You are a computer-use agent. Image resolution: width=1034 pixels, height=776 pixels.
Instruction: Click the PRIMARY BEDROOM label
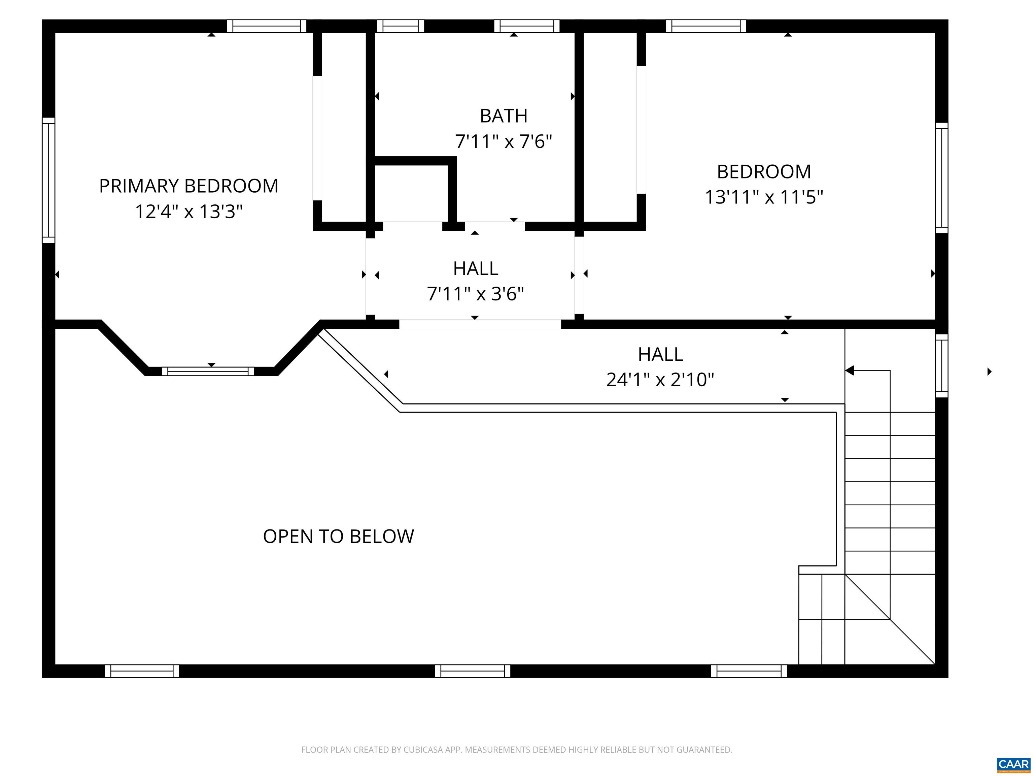188,186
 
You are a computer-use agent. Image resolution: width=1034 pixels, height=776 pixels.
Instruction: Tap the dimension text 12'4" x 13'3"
188,212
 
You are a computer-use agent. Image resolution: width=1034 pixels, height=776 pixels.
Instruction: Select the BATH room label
504,116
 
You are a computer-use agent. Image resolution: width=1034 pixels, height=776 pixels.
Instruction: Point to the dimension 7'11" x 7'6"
504,141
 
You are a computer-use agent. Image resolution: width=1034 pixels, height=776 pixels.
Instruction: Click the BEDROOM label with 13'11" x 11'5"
763,172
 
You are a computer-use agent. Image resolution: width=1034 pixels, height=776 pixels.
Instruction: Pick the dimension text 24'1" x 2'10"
660,379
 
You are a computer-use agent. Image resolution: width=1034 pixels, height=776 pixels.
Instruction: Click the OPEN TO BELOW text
338,536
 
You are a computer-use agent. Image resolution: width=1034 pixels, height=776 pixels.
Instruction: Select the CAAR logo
1013,764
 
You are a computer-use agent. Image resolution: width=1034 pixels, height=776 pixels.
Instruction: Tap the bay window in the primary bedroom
208,371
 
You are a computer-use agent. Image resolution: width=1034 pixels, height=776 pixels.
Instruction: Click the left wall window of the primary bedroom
48,180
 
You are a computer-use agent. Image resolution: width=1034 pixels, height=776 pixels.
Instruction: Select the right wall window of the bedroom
941,178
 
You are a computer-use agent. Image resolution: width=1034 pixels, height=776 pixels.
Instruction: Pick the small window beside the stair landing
941,366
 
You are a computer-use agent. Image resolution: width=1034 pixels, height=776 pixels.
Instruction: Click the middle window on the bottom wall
472,671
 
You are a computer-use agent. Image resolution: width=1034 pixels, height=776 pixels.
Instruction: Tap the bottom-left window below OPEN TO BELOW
142,671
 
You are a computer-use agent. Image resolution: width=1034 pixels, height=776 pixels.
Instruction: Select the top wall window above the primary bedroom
267,26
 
